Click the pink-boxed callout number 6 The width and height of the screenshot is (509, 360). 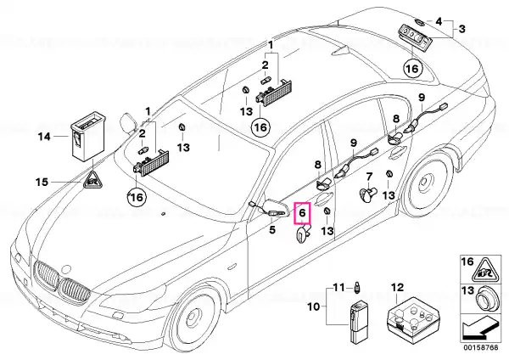pyautogui.click(x=302, y=213)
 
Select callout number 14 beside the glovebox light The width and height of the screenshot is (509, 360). pyautogui.click(x=44, y=137)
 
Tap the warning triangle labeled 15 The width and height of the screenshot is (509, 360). pyautogui.click(x=92, y=180)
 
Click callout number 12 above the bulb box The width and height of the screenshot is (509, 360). pyautogui.click(x=397, y=288)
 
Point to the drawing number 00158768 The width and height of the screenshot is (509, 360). pyautogui.click(x=480, y=347)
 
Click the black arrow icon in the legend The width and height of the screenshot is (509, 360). pyautogui.click(x=479, y=329)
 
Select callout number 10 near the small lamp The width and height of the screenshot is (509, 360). pyautogui.click(x=314, y=307)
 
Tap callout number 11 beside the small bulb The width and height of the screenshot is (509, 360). pyautogui.click(x=338, y=288)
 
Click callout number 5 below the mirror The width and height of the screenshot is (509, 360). pyautogui.click(x=272, y=230)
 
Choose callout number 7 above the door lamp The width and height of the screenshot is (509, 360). pyautogui.click(x=369, y=177)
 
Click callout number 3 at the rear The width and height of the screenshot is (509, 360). pyautogui.click(x=461, y=29)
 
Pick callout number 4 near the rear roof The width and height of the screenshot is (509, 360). pyautogui.click(x=439, y=22)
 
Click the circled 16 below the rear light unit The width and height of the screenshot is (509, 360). pyautogui.click(x=412, y=69)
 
